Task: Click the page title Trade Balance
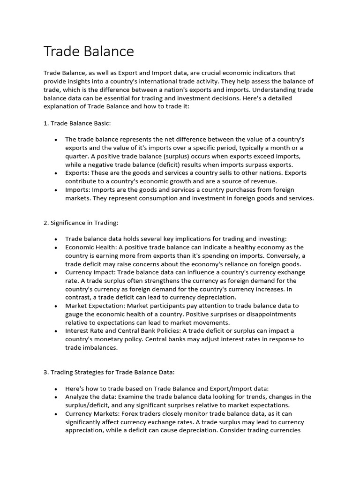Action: pyautogui.click(x=89, y=51)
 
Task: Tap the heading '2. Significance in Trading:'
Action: pyautogui.click(x=81, y=223)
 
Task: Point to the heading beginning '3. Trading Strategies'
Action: pyautogui.click(x=109, y=372)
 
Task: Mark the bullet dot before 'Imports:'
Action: pyautogui.click(x=56, y=190)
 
